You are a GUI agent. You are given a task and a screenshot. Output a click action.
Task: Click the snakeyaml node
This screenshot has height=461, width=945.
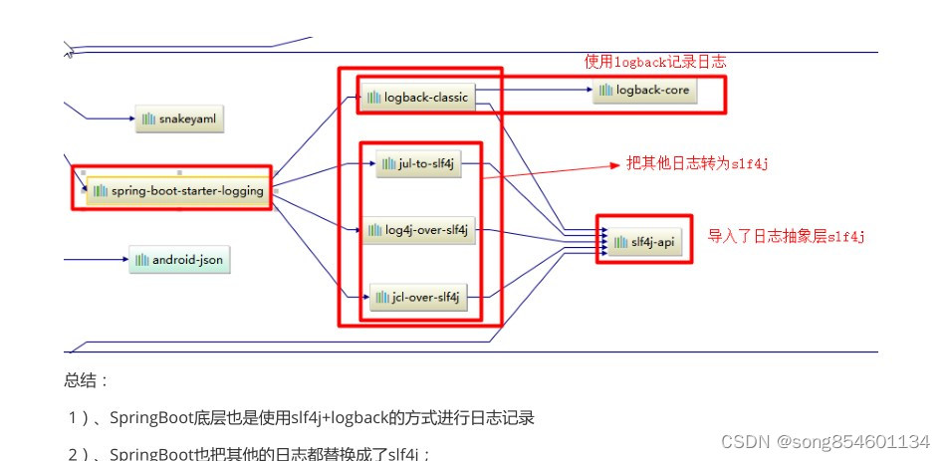tap(179, 120)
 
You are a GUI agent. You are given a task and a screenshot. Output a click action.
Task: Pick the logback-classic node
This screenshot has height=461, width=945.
tap(416, 97)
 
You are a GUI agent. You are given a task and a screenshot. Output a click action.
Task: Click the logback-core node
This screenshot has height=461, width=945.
tap(645, 91)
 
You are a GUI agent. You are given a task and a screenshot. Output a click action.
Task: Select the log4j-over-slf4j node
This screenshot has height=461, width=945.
tap(417, 232)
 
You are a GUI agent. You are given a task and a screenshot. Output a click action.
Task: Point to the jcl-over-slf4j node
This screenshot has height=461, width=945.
tap(417, 297)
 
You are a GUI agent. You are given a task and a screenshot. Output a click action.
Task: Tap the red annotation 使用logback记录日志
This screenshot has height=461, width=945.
tap(654, 62)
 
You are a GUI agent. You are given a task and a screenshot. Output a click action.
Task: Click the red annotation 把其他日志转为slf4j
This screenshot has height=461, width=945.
tap(697, 164)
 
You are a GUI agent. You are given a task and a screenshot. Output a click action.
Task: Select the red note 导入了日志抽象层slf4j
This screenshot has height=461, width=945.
tap(786, 237)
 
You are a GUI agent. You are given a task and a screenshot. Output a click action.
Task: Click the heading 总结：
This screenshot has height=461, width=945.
tap(87, 380)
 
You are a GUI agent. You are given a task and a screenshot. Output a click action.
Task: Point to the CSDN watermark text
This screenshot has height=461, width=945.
tap(826, 441)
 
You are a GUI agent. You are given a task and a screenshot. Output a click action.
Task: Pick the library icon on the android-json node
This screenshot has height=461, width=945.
tap(141, 261)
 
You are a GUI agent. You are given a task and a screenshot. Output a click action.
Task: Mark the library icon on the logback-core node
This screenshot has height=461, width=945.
tap(605, 91)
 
